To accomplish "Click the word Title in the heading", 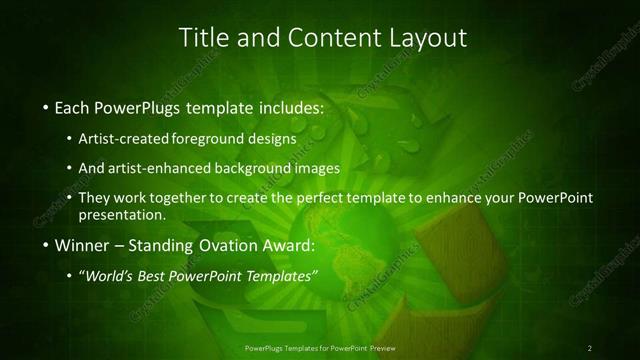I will pyautogui.click(x=202, y=38).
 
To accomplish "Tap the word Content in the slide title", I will pyautogui.click(x=328, y=38).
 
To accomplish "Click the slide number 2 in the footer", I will pyautogui.click(x=590, y=348).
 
